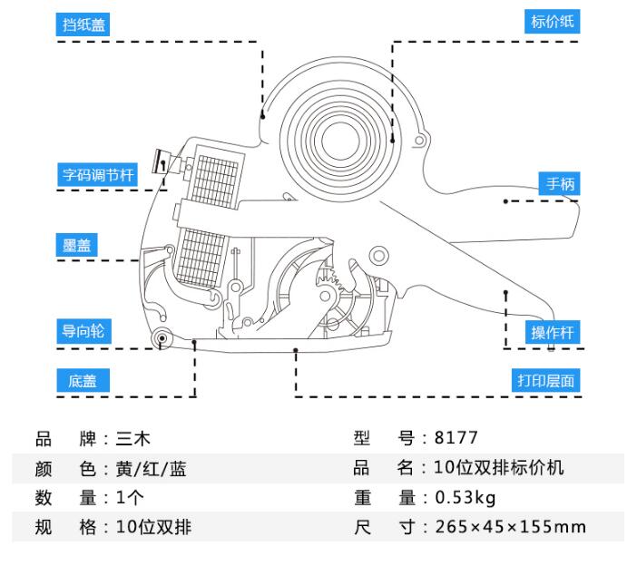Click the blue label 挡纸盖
(x=83, y=25)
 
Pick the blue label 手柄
(x=559, y=184)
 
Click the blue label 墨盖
(x=76, y=246)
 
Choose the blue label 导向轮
(x=83, y=331)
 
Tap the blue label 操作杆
(x=554, y=332)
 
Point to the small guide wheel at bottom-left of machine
(x=162, y=340)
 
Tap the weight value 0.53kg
(x=465, y=498)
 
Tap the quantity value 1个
(x=131, y=498)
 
